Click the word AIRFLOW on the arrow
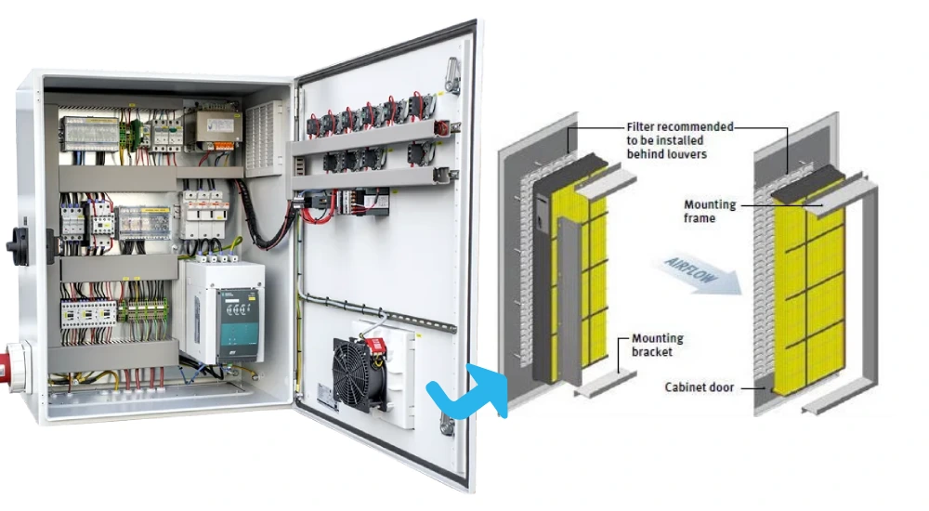click(691, 272)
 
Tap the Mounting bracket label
click(657, 345)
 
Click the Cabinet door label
click(700, 387)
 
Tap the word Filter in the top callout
click(640, 126)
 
